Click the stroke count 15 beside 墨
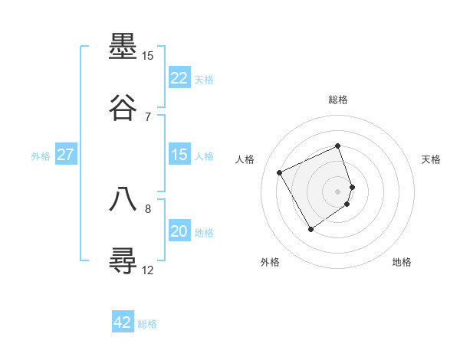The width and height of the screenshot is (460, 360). (x=147, y=56)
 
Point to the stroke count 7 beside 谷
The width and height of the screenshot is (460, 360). (x=148, y=116)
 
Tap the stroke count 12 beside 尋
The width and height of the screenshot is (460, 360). (x=148, y=270)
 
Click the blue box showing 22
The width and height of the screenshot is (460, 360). (x=179, y=78)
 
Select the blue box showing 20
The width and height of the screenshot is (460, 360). (x=179, y=231)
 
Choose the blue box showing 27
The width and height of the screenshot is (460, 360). (x=65, y=155)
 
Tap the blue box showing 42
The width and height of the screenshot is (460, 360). (x=123, y=322)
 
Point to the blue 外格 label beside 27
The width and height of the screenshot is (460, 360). (x=41, y=156)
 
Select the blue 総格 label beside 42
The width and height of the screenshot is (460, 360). (x=147, y=324)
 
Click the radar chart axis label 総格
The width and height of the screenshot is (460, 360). (x=338, y=100)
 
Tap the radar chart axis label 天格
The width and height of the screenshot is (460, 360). (x=431, y=159)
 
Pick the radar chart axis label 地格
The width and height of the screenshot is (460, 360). (x=402, y=263)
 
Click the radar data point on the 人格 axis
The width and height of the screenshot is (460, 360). (x=280, y=172)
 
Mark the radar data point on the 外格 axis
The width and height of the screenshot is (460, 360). (x=310, y=229)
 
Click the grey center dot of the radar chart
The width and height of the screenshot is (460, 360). (x=338, y=191)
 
